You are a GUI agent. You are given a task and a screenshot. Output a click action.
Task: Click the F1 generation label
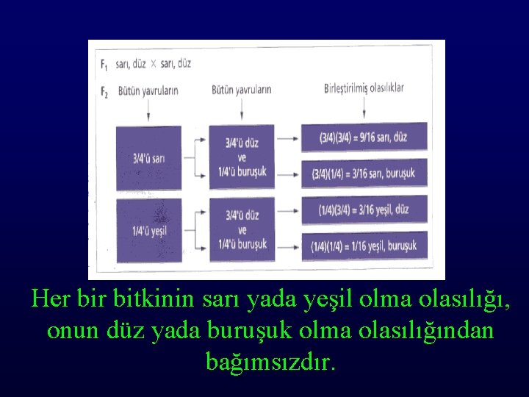(104, 63)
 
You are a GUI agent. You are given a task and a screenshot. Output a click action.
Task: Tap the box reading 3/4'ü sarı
(148, 157)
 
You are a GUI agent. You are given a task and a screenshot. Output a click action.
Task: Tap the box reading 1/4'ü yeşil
(148, 229)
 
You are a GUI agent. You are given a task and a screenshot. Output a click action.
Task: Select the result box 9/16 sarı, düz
(364, 137)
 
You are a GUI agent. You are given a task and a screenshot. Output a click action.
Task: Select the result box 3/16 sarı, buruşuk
(364, 174)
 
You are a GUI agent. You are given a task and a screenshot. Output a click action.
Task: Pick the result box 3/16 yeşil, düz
(364, 209)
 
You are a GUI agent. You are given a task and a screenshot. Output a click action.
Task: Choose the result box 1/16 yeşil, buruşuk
(364, 245)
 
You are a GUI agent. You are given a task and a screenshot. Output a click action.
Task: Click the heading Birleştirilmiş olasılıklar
(364, 89)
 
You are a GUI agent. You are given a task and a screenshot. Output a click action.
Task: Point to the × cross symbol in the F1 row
(153, 64)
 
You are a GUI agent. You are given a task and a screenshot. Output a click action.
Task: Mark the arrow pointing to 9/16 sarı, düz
(289, 137)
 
